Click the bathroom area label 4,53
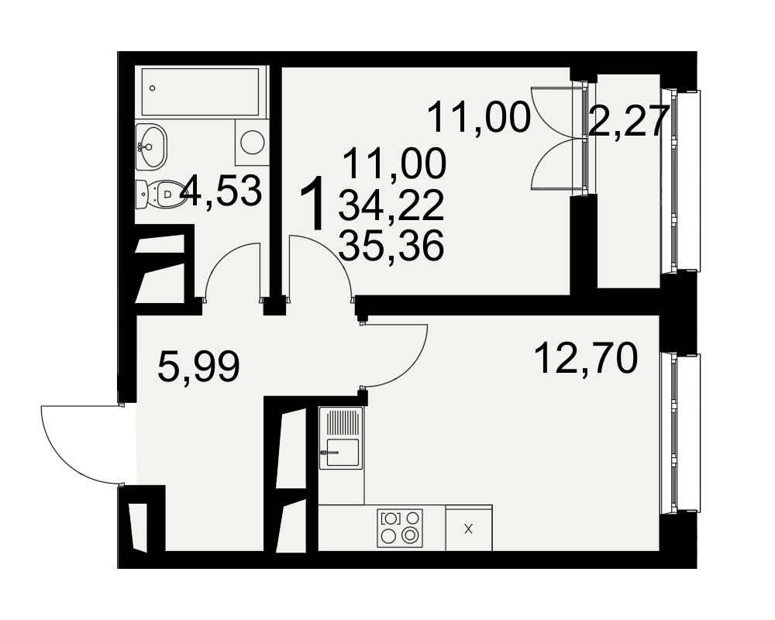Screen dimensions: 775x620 [220, 191]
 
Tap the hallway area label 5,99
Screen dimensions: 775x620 [198, 367]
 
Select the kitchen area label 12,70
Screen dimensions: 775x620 [586, 359]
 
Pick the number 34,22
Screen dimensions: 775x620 [391, 206]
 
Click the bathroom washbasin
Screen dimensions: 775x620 [151, 146]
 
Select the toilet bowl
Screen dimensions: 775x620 [159, 195]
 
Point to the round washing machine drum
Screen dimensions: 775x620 [253, 142]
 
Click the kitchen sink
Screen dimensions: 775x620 [342, 438]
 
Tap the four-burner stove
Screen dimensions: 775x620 [400, 528]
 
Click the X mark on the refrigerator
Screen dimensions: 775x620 [469, 529]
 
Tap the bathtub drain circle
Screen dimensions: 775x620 [152, 88]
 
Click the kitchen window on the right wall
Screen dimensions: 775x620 [680, 433]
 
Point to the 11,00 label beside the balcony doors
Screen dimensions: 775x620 [478, 118]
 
